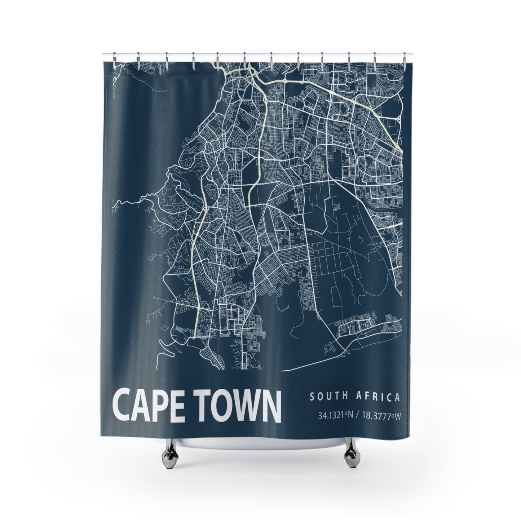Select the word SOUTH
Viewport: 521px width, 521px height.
(327, 397)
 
